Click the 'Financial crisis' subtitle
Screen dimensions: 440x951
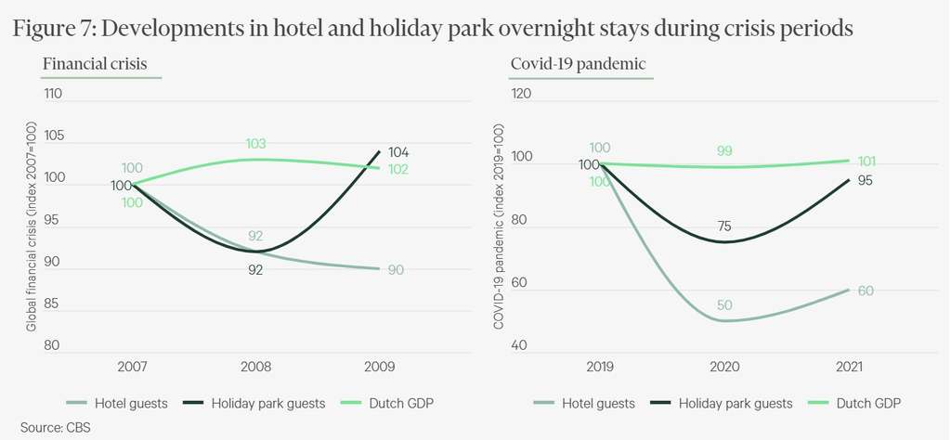[95, 64]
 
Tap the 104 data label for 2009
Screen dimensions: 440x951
[398, 152]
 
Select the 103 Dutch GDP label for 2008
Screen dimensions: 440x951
[256, 144]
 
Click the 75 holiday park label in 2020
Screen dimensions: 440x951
[724, 226]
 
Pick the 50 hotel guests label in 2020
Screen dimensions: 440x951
[724, 305]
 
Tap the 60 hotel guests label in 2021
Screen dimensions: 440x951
[866, 291]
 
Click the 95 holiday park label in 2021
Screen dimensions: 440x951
[866, 181]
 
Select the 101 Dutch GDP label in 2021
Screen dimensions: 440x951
[866, 161]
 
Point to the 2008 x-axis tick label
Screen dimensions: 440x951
[255, 367]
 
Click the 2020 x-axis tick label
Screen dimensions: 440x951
[724, 367]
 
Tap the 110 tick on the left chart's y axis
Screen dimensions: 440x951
[52, 94]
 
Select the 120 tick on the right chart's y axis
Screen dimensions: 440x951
[521, 94]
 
